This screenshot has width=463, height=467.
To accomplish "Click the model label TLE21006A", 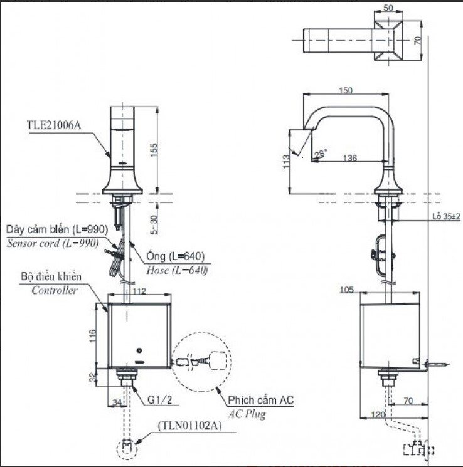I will (53, 124).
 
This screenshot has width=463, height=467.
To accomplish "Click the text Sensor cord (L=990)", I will (53, 243).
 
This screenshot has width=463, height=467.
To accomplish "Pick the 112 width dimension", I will (139, 290).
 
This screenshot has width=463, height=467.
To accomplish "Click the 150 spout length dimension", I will (346, 90).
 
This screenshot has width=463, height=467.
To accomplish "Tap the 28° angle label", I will (321, 152).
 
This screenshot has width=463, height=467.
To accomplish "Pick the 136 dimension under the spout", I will (350, 159).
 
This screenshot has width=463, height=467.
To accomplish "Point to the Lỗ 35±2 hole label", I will (446, 216).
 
